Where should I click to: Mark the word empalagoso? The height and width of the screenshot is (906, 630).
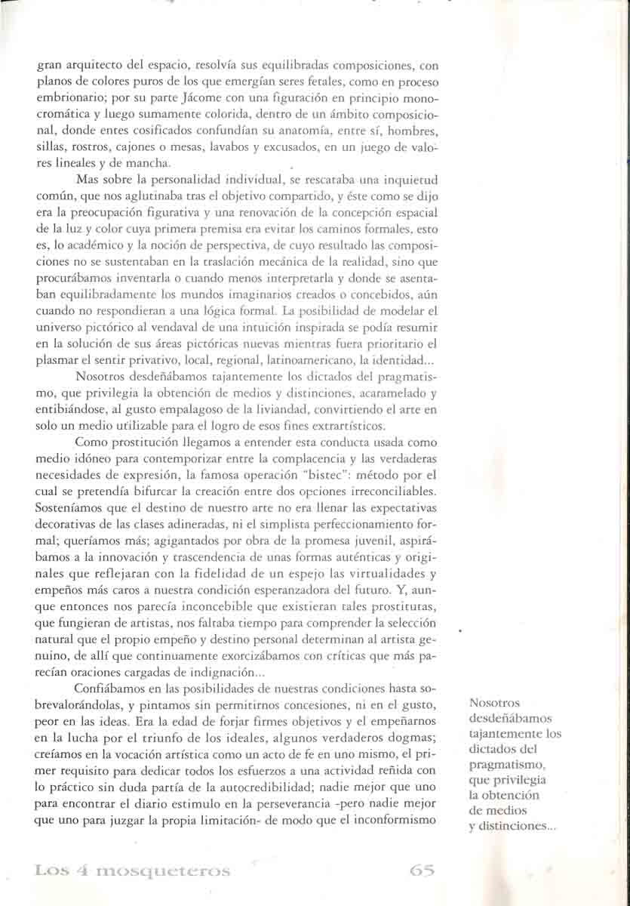177,410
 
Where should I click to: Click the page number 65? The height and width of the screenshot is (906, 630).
422,870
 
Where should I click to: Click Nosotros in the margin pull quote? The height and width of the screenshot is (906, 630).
493,703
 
